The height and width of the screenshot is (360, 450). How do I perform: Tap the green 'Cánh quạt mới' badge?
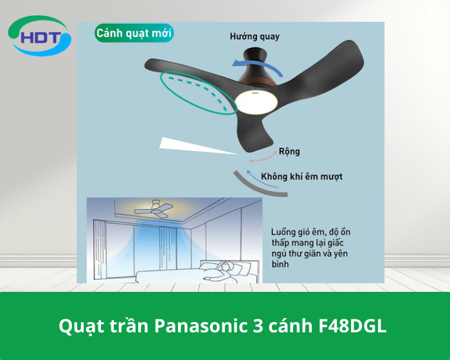pyautogui.click(x=134, y=33)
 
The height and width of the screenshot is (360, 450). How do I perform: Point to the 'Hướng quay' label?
pyautogui.click(x=255, y=37)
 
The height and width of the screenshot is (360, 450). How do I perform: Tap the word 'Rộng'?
pyautogui.click(x=289, y=152)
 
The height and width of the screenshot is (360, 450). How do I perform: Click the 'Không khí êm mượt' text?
pyautogui.click(x=301, y=176)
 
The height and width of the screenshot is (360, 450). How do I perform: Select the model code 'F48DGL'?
pyautogui.click(x=353, y=326)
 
